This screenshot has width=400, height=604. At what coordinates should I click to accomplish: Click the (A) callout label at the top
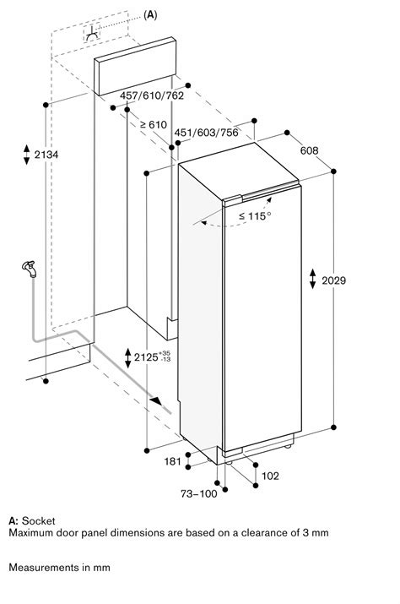(x=150, y=14)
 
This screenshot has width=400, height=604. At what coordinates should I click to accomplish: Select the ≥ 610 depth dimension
(x=153, y=125)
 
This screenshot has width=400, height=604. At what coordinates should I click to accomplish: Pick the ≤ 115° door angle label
(x=254, y=216)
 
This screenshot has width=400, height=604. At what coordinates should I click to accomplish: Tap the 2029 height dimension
(x=334, y=280)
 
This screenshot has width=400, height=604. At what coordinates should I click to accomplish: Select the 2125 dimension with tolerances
(x=151, y=357)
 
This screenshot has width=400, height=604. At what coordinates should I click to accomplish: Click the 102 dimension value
(x=270, y=476)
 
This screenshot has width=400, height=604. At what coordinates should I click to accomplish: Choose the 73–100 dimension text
(x=199, y=493)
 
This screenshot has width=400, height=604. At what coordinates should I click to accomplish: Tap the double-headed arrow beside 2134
(x=28, y=155)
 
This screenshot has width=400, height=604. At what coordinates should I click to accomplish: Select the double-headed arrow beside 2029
(x=312, y=280)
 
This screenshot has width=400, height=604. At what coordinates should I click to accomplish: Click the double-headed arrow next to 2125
(x=127, y=357)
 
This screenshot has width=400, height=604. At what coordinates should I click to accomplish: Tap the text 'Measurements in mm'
(x=59, y=568)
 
